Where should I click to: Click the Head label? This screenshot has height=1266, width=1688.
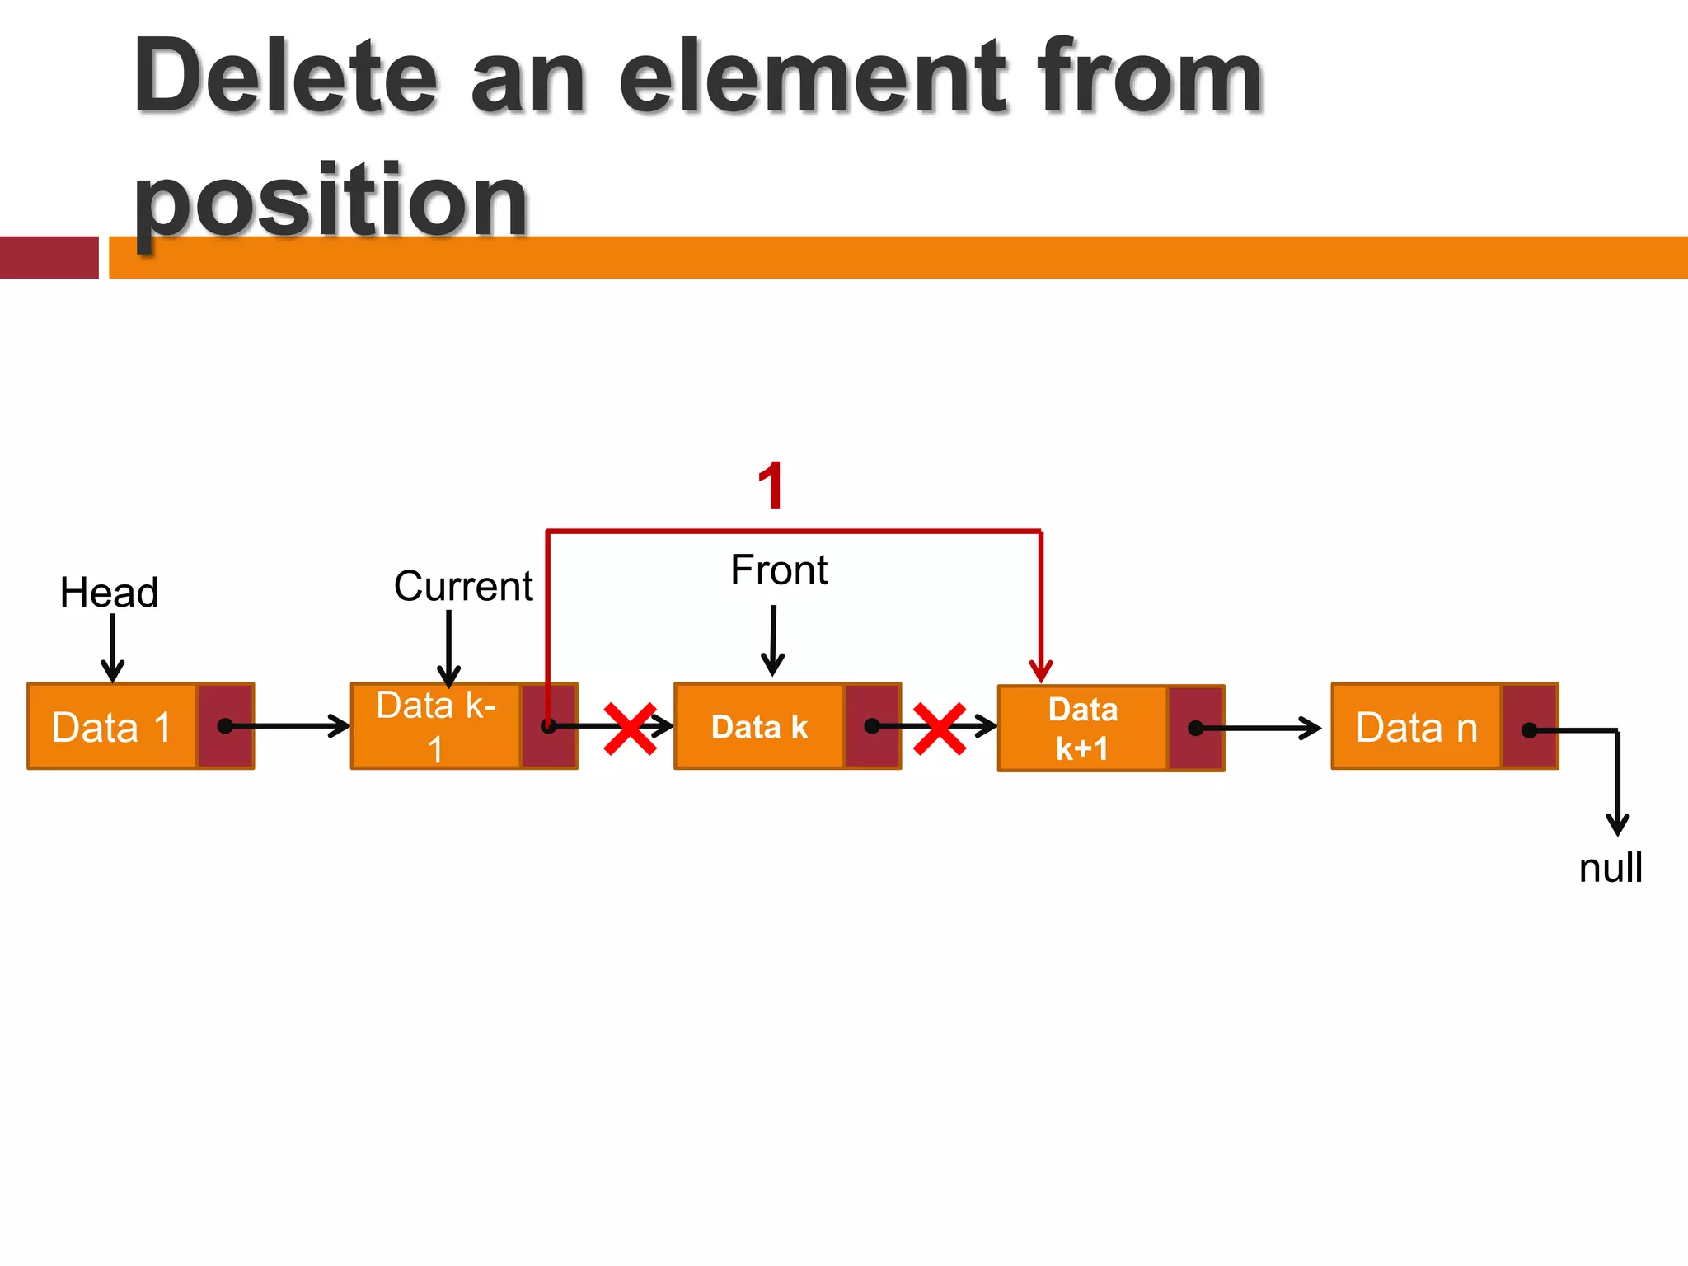[x=109, y=593]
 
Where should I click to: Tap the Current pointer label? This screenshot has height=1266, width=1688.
[x=463, y=586]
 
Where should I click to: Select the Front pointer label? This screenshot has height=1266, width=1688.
[x=779, y=570]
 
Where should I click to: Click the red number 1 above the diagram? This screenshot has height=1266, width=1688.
[x=771, y=485]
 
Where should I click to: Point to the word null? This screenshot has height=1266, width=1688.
[x=1610, y=868]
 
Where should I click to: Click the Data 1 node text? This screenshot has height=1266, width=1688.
[x=111, y=727]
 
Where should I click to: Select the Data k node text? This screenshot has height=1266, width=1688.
[x=759, y=727]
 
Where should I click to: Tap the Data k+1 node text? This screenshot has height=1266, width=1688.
[x=1082, y=729]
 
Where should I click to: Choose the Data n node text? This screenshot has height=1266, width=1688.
[x=1416, y=727]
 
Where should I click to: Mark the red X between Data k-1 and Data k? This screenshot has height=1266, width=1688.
[x=631, y=729]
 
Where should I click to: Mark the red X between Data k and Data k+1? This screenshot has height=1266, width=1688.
[x=940, y=729]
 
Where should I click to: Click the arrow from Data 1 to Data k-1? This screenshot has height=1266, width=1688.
[x=288, y=726]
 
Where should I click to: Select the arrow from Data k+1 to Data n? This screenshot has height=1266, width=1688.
[x=1261, y=729]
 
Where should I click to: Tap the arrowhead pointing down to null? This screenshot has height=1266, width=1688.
[x=1617, y=824]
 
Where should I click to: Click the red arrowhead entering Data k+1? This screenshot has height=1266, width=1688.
[x=1041, y=671]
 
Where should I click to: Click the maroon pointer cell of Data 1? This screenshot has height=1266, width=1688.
[x=225, y=726]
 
